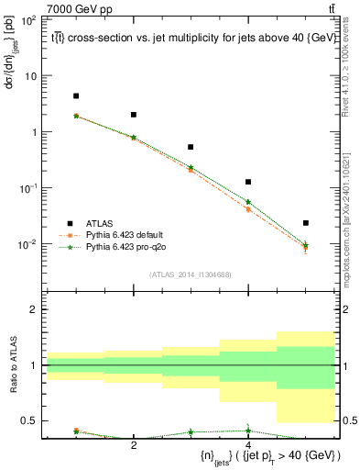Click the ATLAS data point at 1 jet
76,95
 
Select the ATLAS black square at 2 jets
134,115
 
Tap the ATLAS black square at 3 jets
191,147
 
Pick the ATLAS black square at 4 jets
248,182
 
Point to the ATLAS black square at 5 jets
306,223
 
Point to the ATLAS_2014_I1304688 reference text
191,274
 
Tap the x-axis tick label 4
248,445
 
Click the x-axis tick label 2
134,445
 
